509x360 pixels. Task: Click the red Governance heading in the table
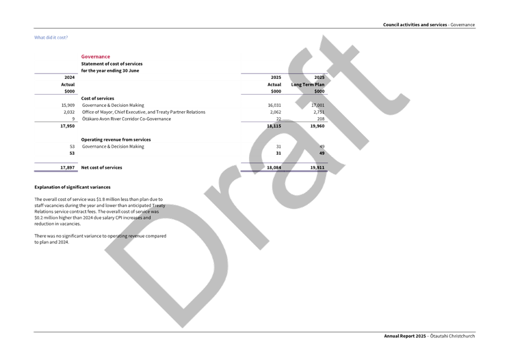95,57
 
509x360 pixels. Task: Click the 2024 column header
69,77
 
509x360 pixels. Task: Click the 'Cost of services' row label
97,98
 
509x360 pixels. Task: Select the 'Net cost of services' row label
101,167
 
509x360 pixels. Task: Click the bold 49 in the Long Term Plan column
322,153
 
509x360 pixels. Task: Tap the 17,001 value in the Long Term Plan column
317,105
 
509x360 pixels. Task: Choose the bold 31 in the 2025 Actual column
278,153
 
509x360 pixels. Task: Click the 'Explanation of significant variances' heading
72,187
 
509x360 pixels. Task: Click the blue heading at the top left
51,38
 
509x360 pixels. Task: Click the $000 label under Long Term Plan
319,91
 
